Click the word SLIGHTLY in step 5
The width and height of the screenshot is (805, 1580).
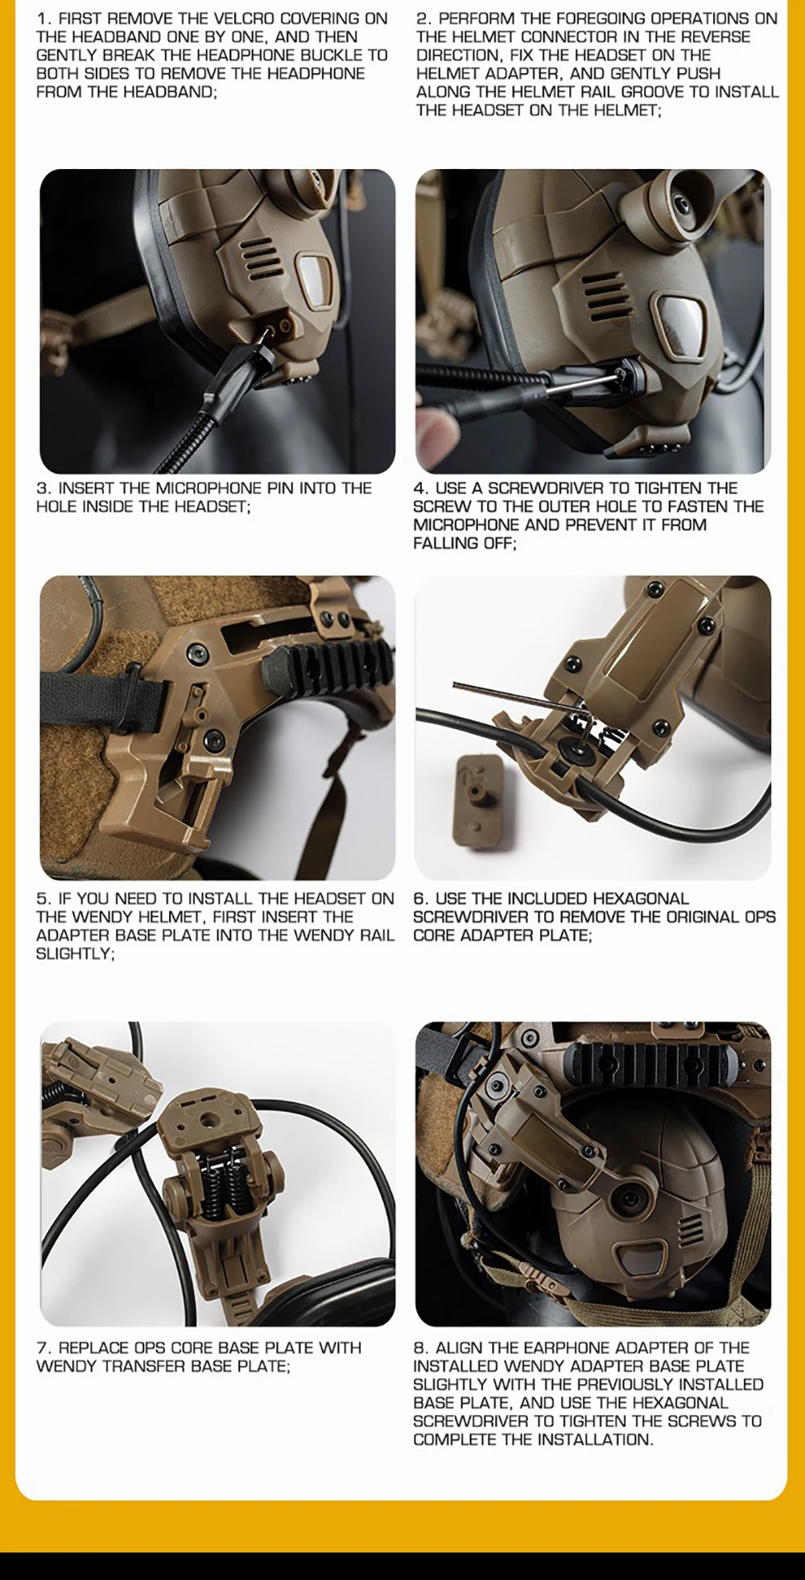74,954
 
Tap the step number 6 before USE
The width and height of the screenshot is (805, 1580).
419,898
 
